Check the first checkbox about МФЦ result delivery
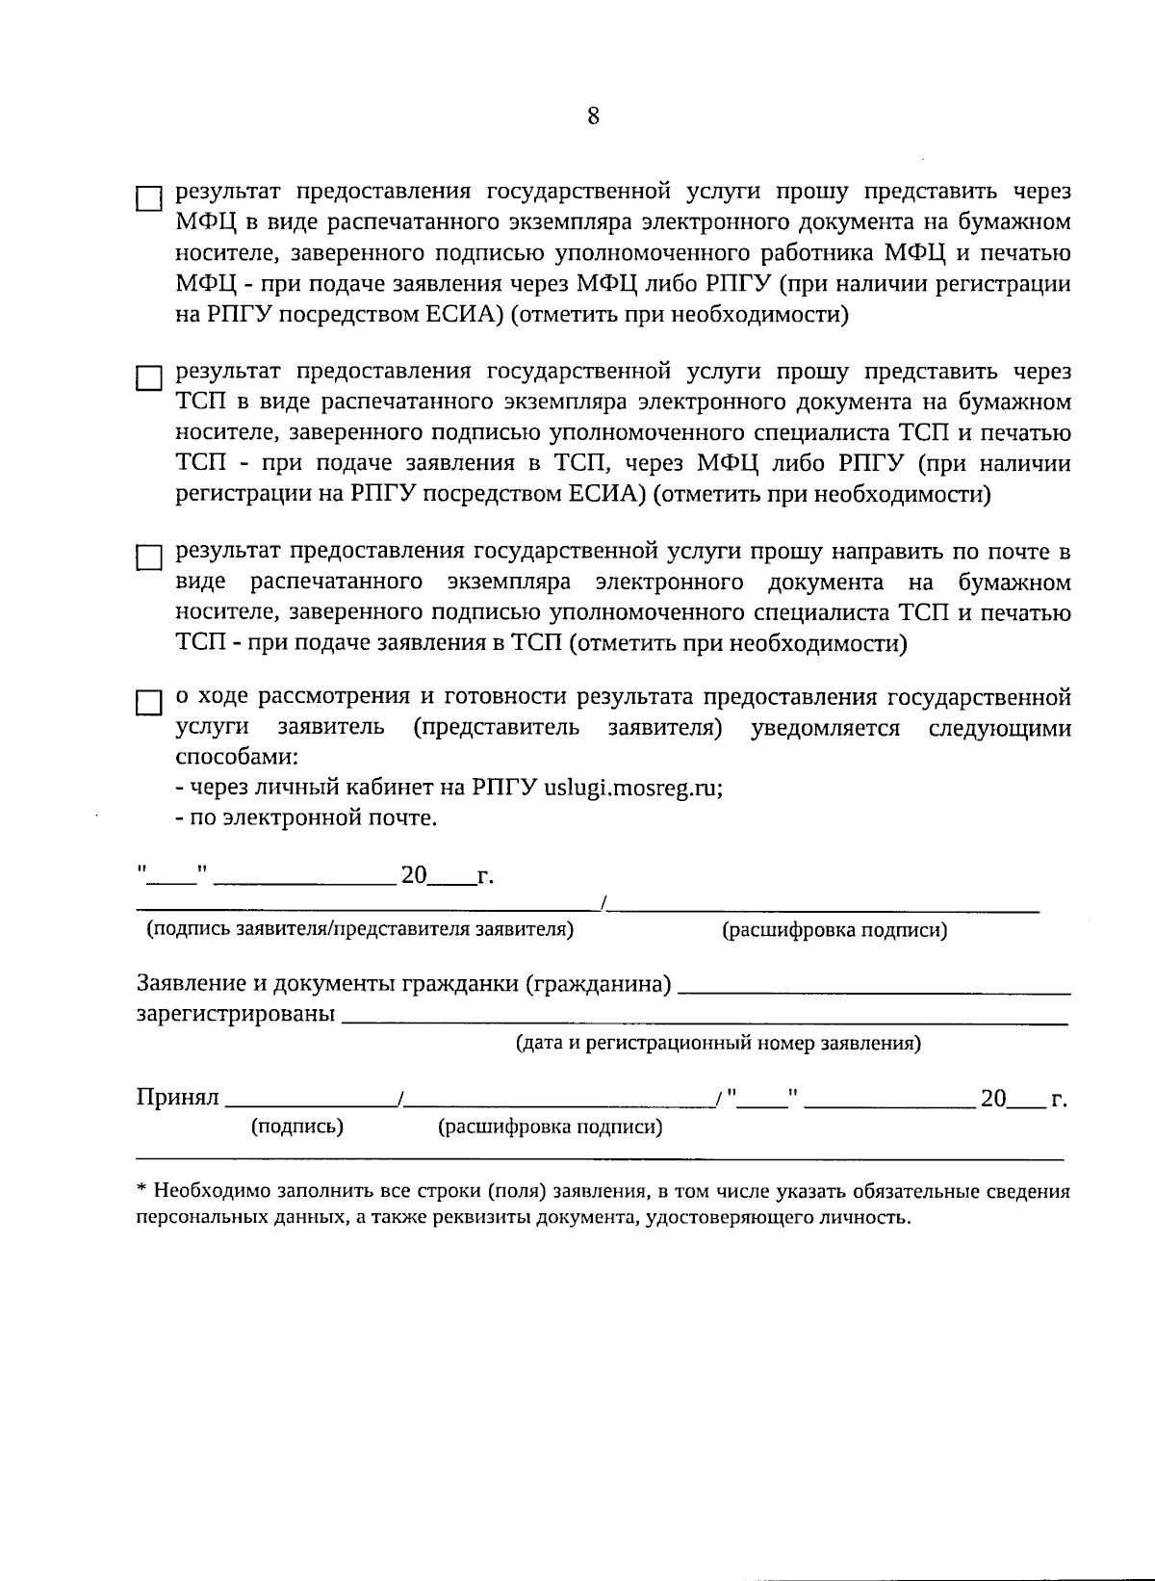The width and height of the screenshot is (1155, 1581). [148, 199]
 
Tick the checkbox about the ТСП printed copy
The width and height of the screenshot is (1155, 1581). [148, 378]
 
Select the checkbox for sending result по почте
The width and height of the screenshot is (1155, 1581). [148, 558]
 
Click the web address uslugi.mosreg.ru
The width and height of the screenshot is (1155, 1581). [632, 787]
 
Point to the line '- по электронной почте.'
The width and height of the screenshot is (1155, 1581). [307, 818]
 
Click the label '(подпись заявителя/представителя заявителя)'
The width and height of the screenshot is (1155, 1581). [360, 929]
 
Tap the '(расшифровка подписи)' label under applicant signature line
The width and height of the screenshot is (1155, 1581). [834, 930]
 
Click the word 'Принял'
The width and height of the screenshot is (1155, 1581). [178, 1098]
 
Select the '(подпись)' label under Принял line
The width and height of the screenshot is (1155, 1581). [296, 1126]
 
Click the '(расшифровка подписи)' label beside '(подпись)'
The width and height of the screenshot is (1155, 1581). [550, 1127]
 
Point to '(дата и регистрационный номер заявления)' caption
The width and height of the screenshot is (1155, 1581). [718, 1043]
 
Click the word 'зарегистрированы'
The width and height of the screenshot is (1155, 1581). [236, 1014]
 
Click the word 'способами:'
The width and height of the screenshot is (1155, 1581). [237, 756]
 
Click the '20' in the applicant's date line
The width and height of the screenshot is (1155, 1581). [413, 875]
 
